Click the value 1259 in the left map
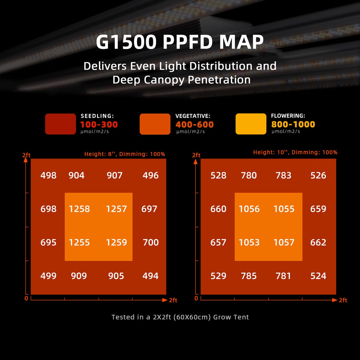(116, 242)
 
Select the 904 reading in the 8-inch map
(76, 175)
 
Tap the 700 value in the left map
(151, 242)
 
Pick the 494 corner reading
(150, 276)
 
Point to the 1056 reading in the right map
(249, 209)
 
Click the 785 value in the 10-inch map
(249, 276)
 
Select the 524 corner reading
(318, 276)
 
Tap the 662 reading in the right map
(318, 242)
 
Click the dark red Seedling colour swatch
(60, 124)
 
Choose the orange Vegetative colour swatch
(155, 124)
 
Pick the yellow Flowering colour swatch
(251, 124)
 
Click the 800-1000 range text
(293, 124)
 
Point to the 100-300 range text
(99, 124)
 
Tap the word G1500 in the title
(126, 42)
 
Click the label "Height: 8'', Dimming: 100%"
(124, 154)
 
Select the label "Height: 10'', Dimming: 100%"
(295, 152)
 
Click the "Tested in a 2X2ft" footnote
(180, 317)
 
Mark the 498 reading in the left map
(48, 175)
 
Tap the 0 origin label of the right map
(196, 298)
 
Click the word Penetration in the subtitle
(219, 80)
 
